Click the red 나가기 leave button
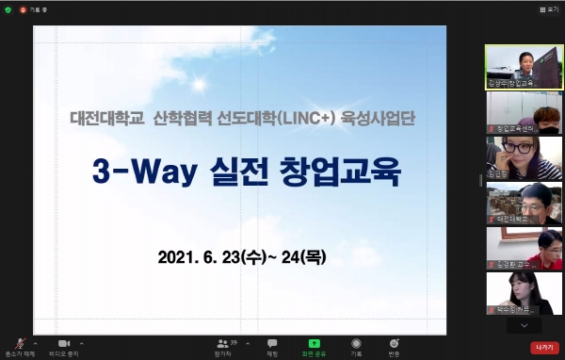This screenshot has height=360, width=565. (543, 348)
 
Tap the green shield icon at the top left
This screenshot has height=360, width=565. (8, 8)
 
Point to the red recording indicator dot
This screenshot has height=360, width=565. (24, 8)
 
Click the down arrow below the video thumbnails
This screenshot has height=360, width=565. (524, 325)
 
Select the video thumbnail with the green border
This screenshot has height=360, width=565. (524, 66)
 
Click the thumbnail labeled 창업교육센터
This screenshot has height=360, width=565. (524, 111)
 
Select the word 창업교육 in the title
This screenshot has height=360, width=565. (350, 173)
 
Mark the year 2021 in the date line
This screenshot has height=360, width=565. (175, 255)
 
